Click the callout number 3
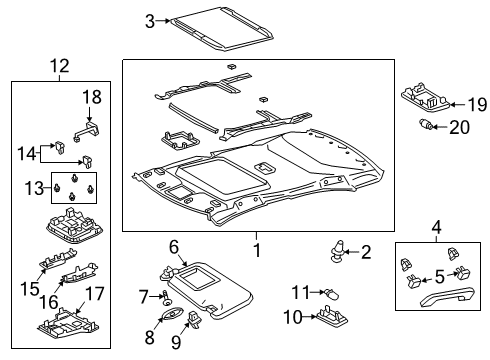click(149, 21)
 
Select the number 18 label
click(92, 97)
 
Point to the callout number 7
click(143, 296)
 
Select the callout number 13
click(33, 187)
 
